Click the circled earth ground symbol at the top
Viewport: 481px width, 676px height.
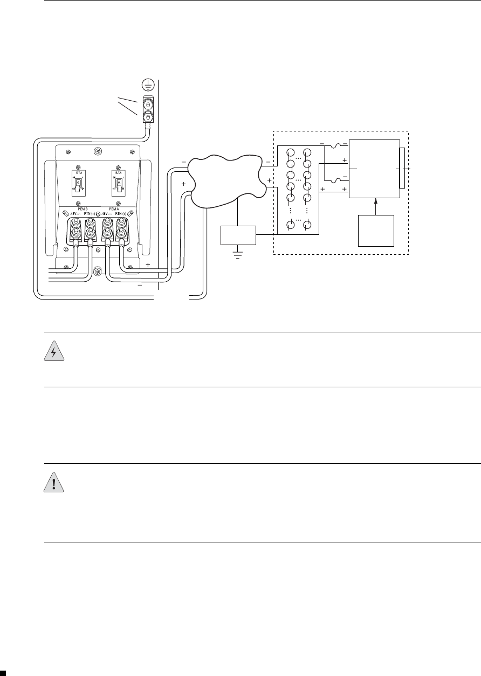click(148, 84)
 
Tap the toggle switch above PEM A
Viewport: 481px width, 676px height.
click(116, 184)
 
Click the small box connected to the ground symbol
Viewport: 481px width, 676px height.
click(238, 235)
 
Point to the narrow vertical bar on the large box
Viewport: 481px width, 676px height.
click(402, 169)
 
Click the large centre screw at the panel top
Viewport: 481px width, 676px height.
click(97, 151)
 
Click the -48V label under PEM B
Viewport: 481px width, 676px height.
click(72, 214)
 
